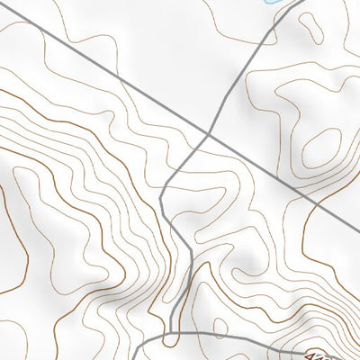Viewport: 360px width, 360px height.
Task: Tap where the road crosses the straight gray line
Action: point(209,135)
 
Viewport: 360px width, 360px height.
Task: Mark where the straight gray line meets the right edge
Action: point(359,229)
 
